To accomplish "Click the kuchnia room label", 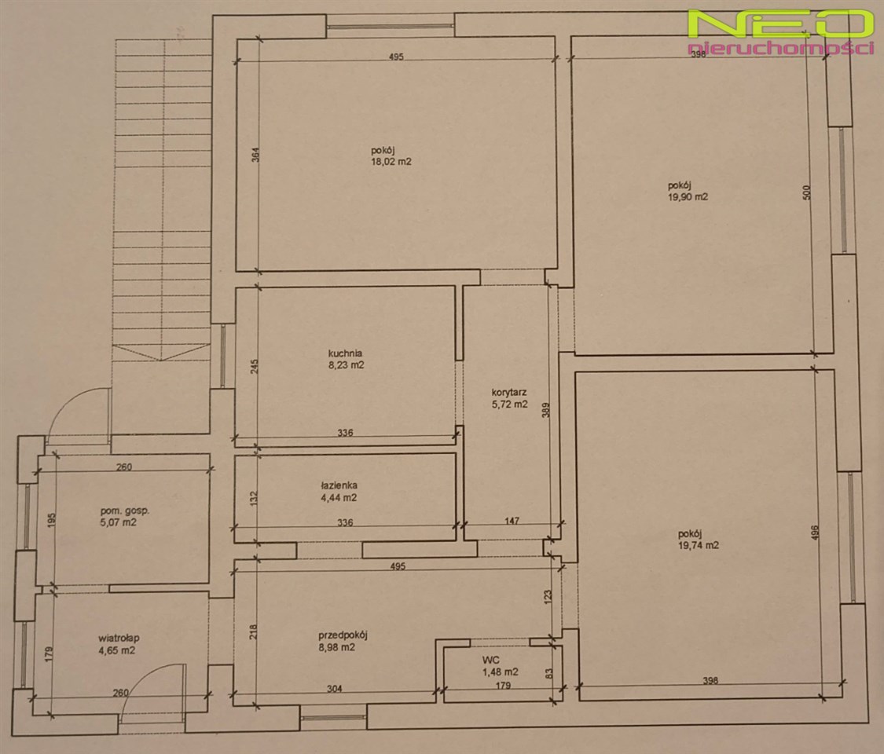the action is click(345, 353).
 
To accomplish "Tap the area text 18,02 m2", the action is click(391, 162).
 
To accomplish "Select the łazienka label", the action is click(339, 485).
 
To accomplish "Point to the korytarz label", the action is click(509, 392).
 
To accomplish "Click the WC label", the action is click(490, 660).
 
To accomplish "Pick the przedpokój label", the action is click(343, 635).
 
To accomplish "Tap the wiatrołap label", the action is click(119, 639).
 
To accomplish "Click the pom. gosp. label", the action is click(125, 511).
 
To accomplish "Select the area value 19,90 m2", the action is click(688, 197).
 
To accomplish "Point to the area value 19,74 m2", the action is click(699, 546).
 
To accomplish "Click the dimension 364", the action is click(255, 155).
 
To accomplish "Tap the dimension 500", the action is click(805, 192).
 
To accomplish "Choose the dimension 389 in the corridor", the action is click(546, 409).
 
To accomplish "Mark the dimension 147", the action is click(512, 521).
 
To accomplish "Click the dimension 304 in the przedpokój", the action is click(334, 689).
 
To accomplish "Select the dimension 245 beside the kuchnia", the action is click(255, 368).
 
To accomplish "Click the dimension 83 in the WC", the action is click(549, 673).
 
